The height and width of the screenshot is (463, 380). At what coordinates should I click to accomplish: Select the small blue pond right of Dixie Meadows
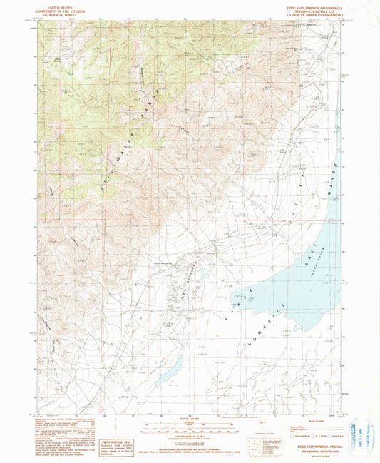tap(203, 273)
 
